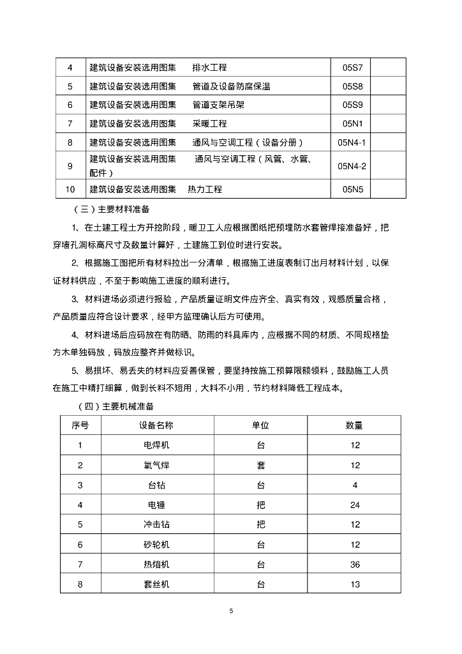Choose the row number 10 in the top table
70,189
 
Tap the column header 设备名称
156,425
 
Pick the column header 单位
260,425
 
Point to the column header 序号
80,425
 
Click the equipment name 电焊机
156,445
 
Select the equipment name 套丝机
156,584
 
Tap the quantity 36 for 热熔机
355,564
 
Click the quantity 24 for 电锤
355,505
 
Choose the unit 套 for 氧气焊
260,465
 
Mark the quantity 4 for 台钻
355,485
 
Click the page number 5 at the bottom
231,611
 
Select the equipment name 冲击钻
156,524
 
